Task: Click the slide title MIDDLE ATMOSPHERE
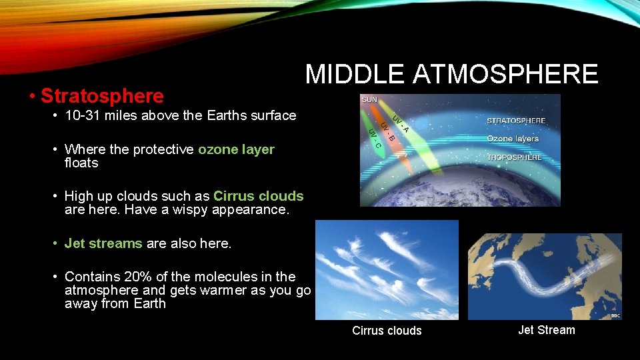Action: point(451,74)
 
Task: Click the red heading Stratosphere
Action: point(102,96)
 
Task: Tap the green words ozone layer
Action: point(236,149)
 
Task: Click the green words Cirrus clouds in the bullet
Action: point(258,196)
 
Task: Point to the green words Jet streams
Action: point(103,243)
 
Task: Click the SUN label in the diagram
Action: point(369,100)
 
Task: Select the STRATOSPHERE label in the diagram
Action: point(516,121)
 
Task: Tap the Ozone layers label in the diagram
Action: point(513,139)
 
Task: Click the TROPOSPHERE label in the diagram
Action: point(514,157)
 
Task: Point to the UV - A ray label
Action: point(400,123)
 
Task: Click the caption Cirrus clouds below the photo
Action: point(387,331)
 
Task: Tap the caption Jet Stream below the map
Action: point(546,330)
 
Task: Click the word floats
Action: point(81,163)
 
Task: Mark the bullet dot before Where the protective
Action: point(56,149)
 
